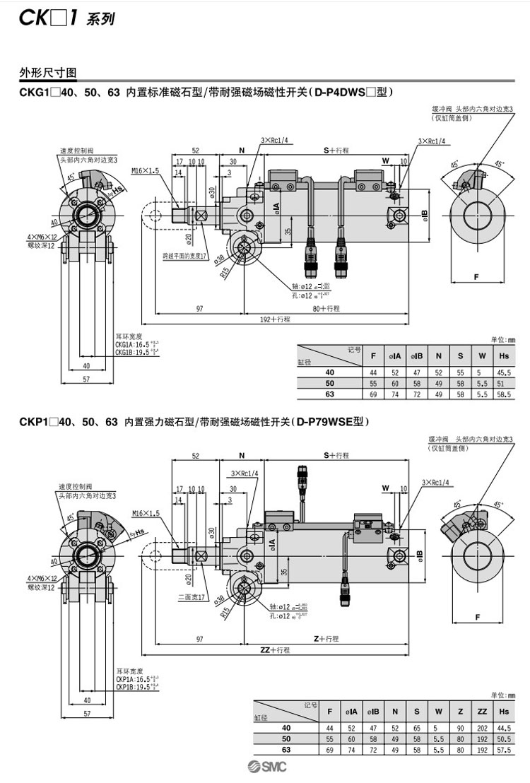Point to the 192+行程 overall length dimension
[x=276, y=319]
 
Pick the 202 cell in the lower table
[x=482, y=728]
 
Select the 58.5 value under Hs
[x=505, y=393]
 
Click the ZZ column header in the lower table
[x=482, y=711]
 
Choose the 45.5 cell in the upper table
[x=505, y=372]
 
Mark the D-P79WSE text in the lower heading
[x=328, y=423]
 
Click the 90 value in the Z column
[x=460, y=728]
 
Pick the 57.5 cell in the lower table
[x=505, y=749]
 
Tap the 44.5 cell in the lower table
[x=505, y=728]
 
